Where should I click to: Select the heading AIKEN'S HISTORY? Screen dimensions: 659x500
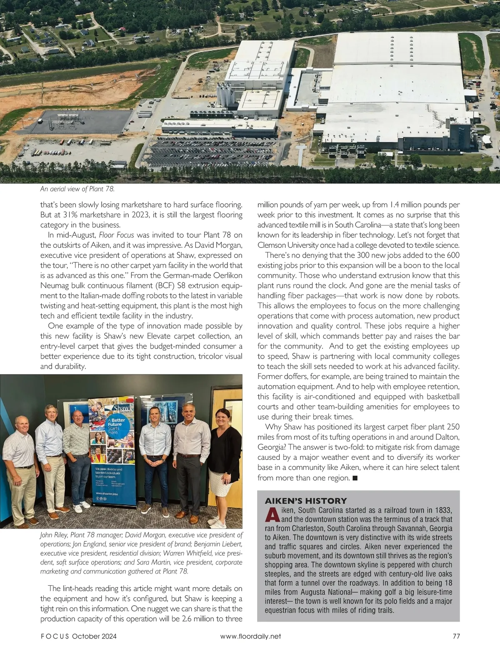tap(306, 501)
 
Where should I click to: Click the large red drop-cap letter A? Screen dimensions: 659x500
tap(272, 515)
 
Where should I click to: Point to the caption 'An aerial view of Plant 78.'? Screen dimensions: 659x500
tap(77, 189)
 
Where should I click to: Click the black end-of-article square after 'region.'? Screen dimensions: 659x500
tap(355, 478)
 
